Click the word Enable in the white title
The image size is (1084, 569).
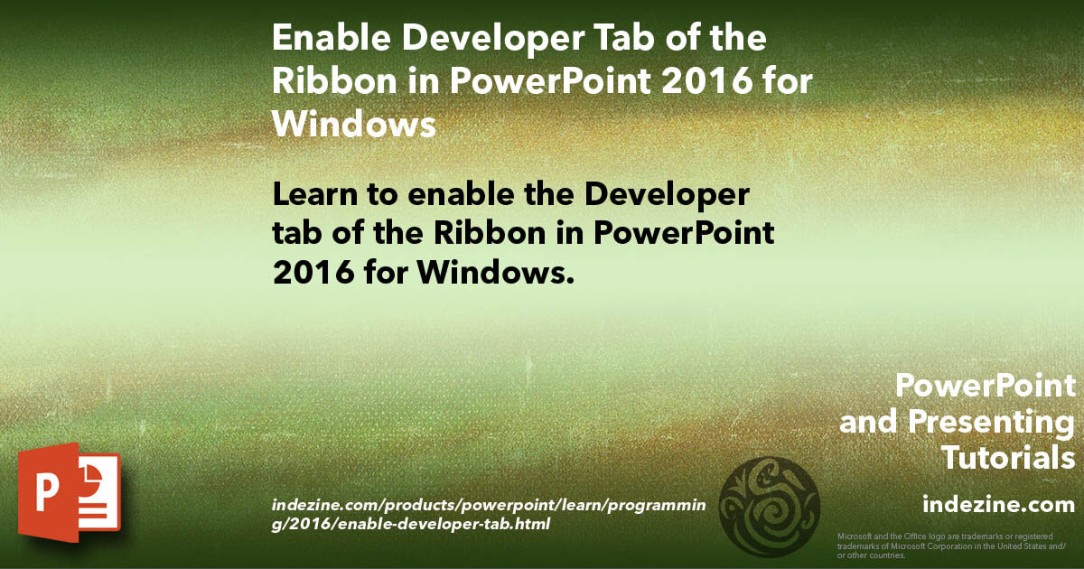332,37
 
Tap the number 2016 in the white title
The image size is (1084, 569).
707,80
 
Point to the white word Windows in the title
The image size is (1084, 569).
354,124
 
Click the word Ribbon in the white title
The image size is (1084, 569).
334,80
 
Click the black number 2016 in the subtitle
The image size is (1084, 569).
313,273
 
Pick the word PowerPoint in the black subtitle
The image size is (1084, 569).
684,233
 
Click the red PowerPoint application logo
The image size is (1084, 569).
70,492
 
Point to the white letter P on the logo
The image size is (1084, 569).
46,492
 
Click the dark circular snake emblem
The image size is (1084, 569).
769,507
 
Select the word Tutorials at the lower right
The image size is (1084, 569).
1008,458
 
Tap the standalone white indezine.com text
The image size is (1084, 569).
999,504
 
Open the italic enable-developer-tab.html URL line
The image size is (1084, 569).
410,525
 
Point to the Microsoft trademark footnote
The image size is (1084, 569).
951,546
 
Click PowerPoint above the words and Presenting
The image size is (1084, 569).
986,387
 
